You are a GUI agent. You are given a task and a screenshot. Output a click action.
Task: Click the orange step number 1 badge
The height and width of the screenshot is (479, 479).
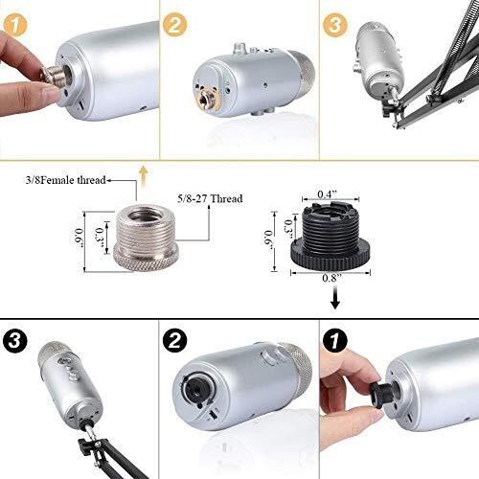(14, 24)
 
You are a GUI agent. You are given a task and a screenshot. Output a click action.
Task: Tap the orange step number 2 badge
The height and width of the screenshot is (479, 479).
(174, 24)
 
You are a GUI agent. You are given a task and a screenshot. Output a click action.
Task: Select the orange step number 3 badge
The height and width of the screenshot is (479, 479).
(334, 24)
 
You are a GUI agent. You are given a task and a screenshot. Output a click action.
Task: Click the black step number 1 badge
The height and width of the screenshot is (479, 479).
(335, 340)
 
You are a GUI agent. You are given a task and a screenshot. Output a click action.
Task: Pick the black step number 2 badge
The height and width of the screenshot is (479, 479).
(175, 340)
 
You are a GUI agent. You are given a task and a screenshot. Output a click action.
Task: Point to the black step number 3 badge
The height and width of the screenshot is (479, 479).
(15, 340)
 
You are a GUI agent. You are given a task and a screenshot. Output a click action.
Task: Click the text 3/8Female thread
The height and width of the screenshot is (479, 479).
(66, 180)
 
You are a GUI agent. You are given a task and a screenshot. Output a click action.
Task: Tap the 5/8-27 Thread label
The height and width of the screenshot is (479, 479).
(210, 198)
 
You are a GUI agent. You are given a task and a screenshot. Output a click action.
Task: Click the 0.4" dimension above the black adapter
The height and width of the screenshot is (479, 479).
(328, 194)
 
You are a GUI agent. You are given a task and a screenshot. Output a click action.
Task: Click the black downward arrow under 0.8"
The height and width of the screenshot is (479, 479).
(334, 297)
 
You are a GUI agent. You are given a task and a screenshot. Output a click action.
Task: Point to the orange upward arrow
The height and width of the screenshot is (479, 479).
(144, 176)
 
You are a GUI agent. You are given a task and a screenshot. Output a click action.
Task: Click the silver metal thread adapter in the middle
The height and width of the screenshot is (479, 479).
(146, 239)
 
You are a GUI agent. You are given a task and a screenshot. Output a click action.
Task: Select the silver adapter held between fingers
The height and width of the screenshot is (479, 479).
(55, 76)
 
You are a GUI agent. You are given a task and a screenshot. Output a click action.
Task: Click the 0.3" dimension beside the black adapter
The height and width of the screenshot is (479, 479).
(289, 229)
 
